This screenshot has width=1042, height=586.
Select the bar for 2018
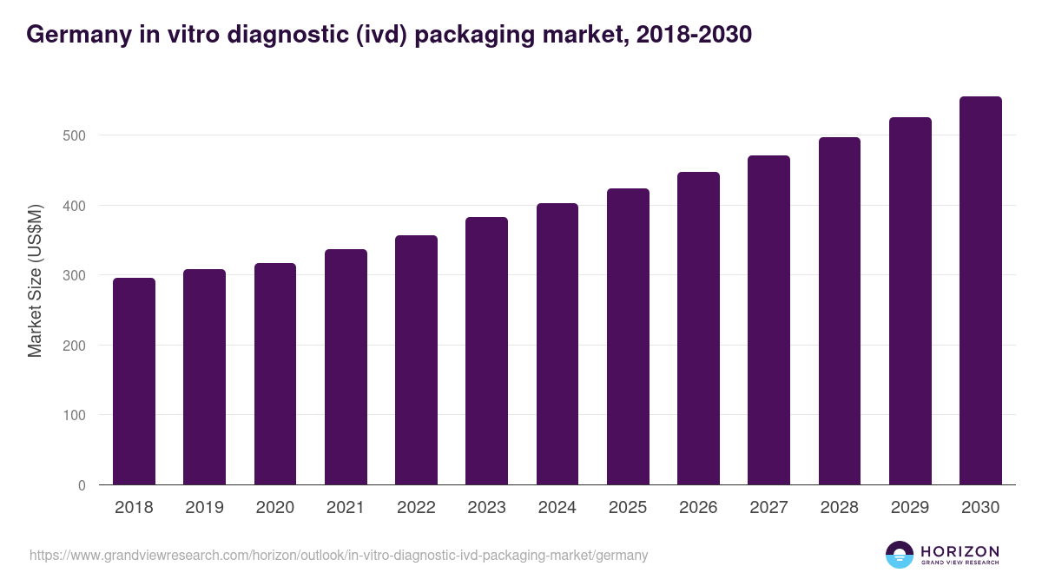134,382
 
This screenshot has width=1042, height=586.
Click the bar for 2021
346,367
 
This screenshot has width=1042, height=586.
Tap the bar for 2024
557,345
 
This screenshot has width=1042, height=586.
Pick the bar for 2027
768,320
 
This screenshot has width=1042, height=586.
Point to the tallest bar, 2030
980,291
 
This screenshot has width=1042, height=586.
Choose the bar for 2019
204,378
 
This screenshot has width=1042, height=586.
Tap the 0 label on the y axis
82,485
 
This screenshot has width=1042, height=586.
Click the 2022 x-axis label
416,508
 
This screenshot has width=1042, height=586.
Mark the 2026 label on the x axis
698,508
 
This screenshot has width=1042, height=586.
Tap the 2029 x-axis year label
910,508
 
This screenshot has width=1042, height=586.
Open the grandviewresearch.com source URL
339,555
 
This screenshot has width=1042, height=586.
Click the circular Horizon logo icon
900,555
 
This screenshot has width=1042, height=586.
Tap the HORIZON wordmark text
960,551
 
